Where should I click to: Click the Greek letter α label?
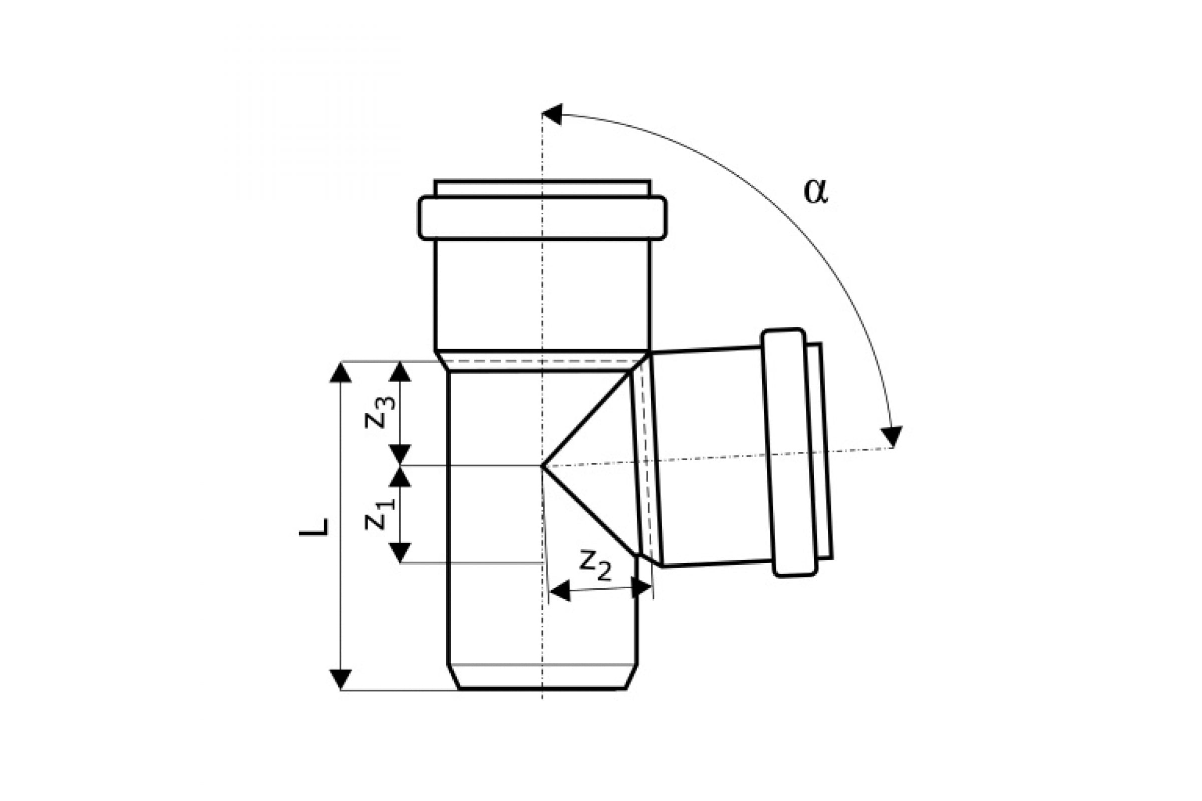[815, 192]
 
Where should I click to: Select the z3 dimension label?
[380, 413]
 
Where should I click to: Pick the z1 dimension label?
[380, 515]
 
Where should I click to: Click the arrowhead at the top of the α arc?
[552, 114]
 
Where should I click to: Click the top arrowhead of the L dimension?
[341, 372]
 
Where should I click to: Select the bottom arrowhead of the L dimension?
[341, 679]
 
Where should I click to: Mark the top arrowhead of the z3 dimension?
[400, 371]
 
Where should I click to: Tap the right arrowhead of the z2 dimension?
[642, 587]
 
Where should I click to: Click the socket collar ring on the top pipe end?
[542, 218]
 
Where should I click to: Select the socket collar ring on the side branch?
[790, 453]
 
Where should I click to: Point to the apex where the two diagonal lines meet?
[542, 466]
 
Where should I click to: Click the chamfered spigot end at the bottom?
[542, 677]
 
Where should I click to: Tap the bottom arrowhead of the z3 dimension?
[400, 455]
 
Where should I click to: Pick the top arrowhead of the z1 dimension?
[400, 477]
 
